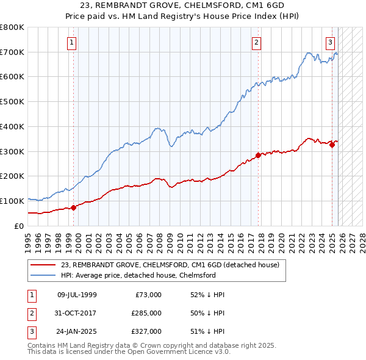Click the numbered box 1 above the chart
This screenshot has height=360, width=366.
click(x=72, y=42)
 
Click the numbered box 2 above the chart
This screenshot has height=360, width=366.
click(x=256, y=42)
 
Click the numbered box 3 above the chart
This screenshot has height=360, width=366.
click(x=330, y=42)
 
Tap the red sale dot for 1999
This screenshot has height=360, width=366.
click(x=74, y=207)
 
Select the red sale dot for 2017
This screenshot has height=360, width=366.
click(x=258, y=155)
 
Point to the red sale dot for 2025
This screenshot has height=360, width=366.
click(x=332, y=145)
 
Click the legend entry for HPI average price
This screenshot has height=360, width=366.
click(x=138, y=275)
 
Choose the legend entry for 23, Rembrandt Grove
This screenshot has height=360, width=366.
click(x=170, y=265)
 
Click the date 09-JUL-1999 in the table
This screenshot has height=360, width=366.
click(x=76, y=295)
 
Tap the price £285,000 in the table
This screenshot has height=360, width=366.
click(x=147, y=313)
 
